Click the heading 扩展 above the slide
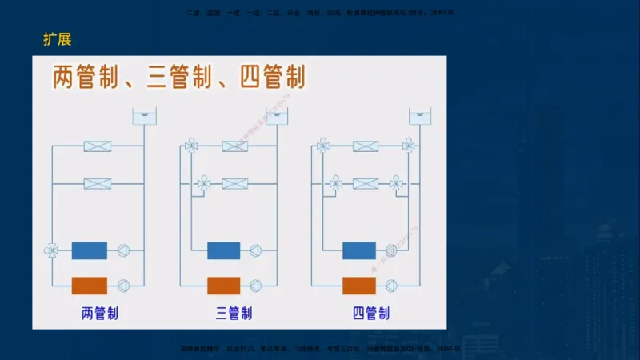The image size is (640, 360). (58, 40)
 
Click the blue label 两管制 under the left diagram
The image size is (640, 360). (100, 313)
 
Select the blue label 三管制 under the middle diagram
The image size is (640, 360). (234, 313)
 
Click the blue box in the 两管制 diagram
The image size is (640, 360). (90, 250)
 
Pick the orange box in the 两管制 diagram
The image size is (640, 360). (90, 286)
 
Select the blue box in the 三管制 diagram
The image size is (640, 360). (224, 250)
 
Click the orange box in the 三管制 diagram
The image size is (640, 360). (224, 286)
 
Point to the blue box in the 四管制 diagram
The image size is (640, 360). (359, 250)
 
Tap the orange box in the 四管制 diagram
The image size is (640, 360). (359, 286)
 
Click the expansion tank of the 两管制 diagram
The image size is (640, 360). (144, 117)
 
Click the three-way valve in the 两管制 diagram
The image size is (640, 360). (52, 250)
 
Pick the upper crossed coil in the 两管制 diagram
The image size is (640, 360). (98, 146)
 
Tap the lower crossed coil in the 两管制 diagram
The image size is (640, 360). (98, 183)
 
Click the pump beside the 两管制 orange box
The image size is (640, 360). (124, 286)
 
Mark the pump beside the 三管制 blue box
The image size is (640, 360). (256, 250)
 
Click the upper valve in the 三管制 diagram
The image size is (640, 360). (191, 146)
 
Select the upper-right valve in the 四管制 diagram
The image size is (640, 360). (409, 146)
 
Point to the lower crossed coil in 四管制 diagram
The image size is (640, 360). (366, 183)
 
